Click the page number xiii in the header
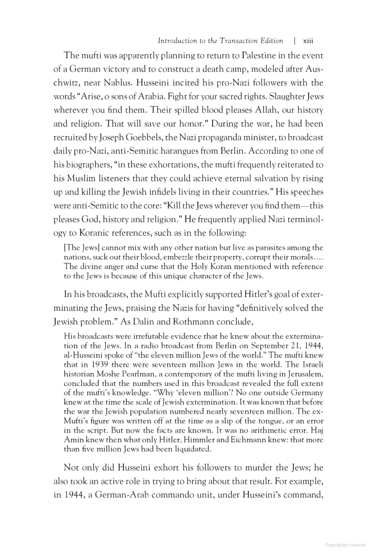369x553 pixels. [308, 41]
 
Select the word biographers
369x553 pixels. [85, 165]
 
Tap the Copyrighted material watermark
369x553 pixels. [345, 545]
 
